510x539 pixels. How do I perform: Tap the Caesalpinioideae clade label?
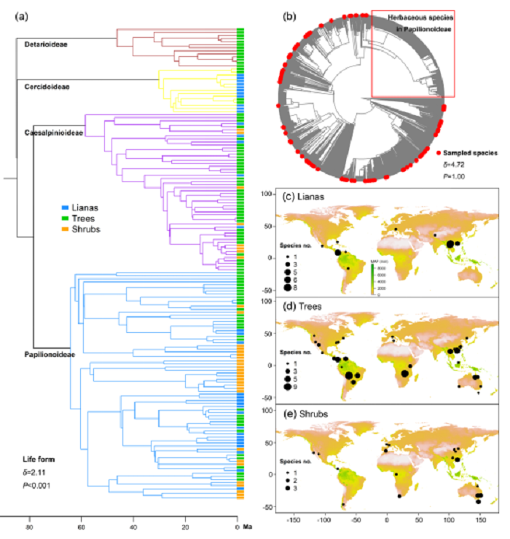click(x=51, y=133)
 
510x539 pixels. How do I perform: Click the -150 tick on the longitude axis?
click(x=295, y=522)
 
